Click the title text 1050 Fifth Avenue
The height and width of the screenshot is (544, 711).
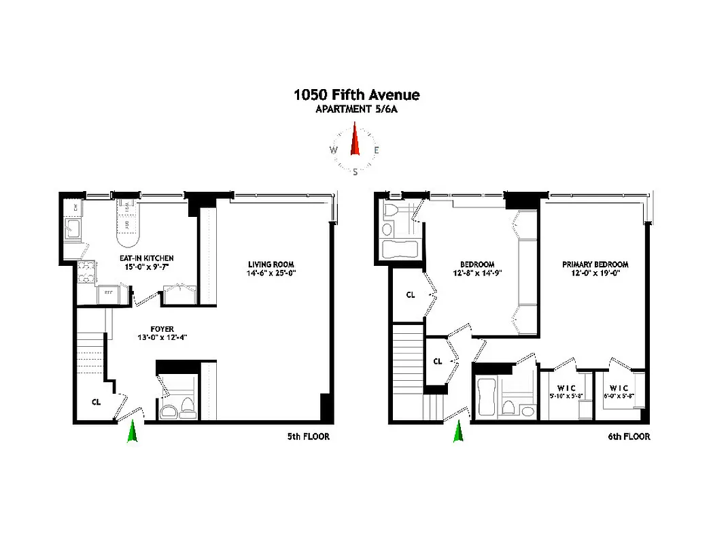(356, 95)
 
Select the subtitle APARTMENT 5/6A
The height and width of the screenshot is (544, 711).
(356, 109)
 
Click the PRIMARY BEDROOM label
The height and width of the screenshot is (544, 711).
(595, 265)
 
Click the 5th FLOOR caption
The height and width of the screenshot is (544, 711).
(308, 437)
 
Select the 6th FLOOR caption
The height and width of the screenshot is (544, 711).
(628, 437)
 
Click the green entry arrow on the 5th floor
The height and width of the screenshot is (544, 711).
(132, 432)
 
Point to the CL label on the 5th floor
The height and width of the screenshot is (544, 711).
(97, 401)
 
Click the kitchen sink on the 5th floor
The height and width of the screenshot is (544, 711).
(73, 229)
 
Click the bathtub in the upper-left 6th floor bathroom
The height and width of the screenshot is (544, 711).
(396, 249)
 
